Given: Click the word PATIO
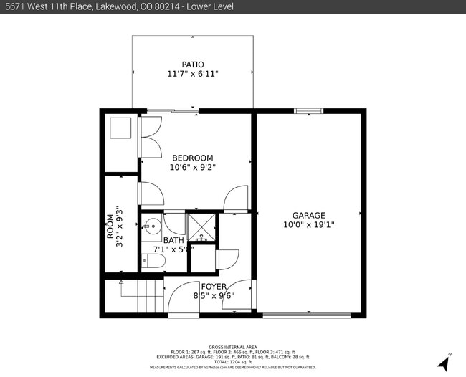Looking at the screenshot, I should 193,64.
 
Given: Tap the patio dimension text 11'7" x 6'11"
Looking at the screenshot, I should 193,74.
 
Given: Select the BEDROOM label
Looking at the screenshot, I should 192,158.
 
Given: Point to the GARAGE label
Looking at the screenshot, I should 308,215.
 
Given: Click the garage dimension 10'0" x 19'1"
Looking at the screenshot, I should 308,225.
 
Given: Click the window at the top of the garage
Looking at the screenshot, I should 308,111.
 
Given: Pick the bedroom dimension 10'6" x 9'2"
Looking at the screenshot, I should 192,168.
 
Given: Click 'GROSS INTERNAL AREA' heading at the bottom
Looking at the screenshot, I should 233,345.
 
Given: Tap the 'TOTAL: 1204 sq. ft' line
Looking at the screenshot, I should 233,361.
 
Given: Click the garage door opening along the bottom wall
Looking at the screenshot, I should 307,315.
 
